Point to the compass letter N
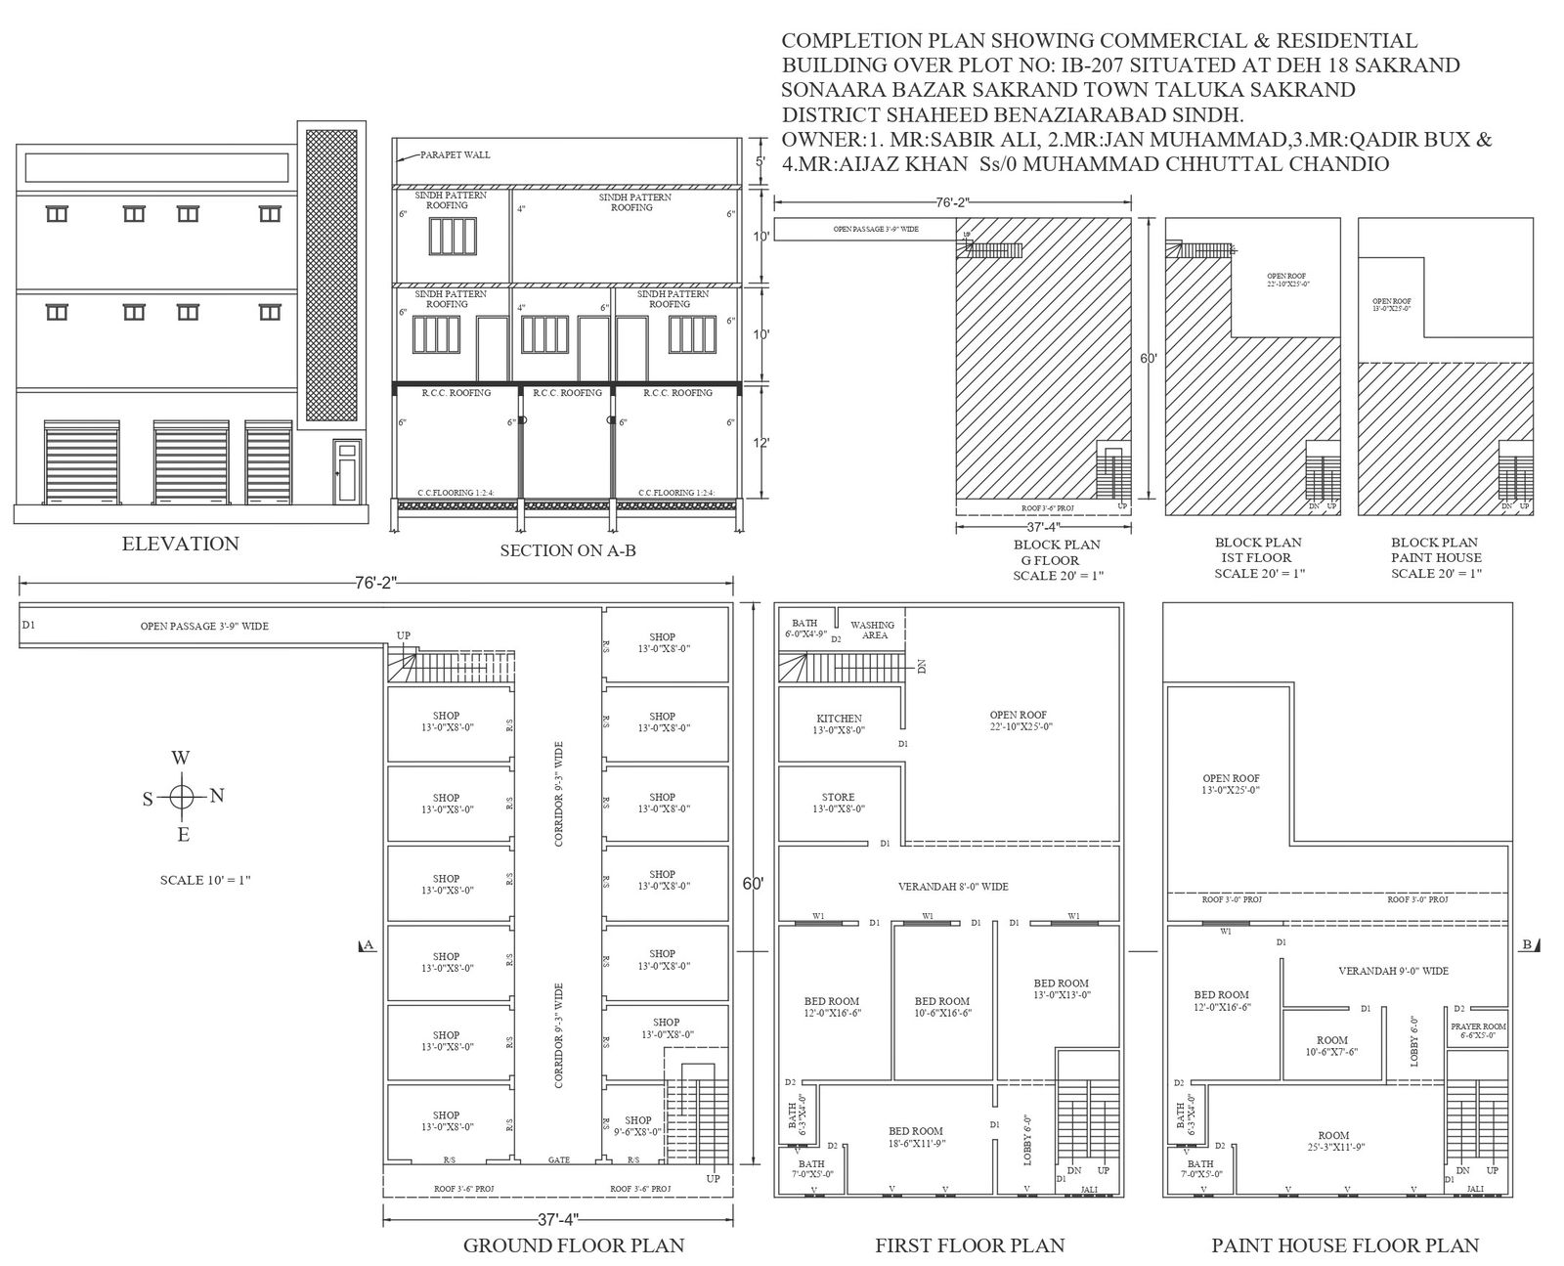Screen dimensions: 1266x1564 (217, 795)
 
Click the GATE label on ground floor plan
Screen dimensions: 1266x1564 (558, 1160)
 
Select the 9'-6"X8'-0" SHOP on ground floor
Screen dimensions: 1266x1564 (637, 1125)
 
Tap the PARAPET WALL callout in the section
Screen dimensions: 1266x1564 (456, 154)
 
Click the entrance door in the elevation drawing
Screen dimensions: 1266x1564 (346, 471)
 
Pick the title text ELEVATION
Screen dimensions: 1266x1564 (180, 544)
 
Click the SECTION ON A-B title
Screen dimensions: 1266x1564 (568, 550)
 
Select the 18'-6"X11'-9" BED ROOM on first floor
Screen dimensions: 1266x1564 (915, 1136)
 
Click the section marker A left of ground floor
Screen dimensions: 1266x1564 (368, 944)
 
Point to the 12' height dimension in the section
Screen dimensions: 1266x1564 (761, 443)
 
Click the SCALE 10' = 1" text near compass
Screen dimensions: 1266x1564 (205, 880)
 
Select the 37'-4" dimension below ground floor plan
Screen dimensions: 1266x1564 (558, 1219)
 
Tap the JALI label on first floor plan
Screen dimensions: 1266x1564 (1089, 1190)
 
